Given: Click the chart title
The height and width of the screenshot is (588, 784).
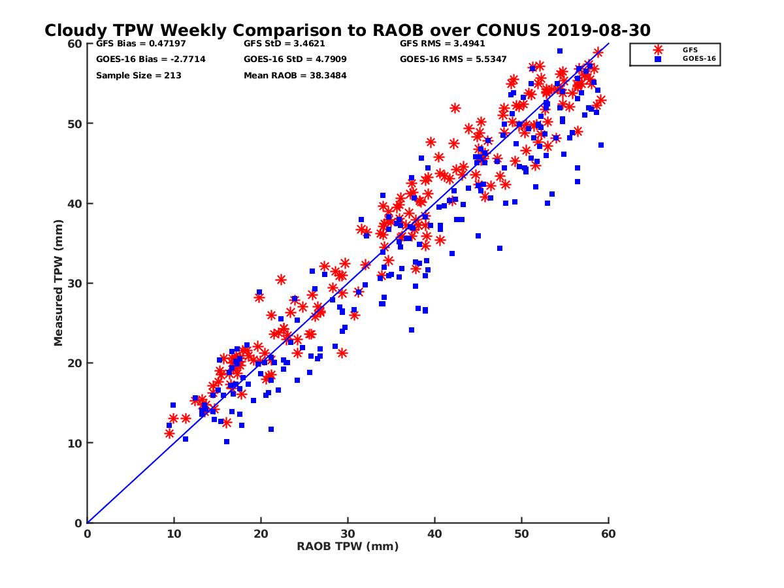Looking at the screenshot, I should [x=347, y=30].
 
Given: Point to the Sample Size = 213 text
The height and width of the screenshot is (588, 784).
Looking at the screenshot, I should [x=139, y=75].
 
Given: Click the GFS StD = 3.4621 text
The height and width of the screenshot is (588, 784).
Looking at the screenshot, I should [x=284, y=44].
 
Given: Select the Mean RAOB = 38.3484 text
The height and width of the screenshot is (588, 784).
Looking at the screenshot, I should [x=295, y=75].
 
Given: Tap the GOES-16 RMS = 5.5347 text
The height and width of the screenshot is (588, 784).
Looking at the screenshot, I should [x=453, y=59].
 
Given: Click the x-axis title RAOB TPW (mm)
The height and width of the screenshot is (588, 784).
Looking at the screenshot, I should [x=348, y=546].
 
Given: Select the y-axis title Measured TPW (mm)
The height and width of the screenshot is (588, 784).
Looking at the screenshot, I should [x=59, y=283].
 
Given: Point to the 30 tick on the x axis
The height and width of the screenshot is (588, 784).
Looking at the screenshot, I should [x=348, y=534].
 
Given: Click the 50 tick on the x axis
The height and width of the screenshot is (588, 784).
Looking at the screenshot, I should [x=521, y=534].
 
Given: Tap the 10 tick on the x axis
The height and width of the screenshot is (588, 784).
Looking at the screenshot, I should [x=174, y=534].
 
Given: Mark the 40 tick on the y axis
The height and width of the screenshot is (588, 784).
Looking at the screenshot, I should [x=74, y=203].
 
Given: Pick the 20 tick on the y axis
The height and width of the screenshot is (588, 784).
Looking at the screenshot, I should [x=74, y=363].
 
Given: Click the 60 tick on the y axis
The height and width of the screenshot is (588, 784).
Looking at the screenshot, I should [x=74, y=44].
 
